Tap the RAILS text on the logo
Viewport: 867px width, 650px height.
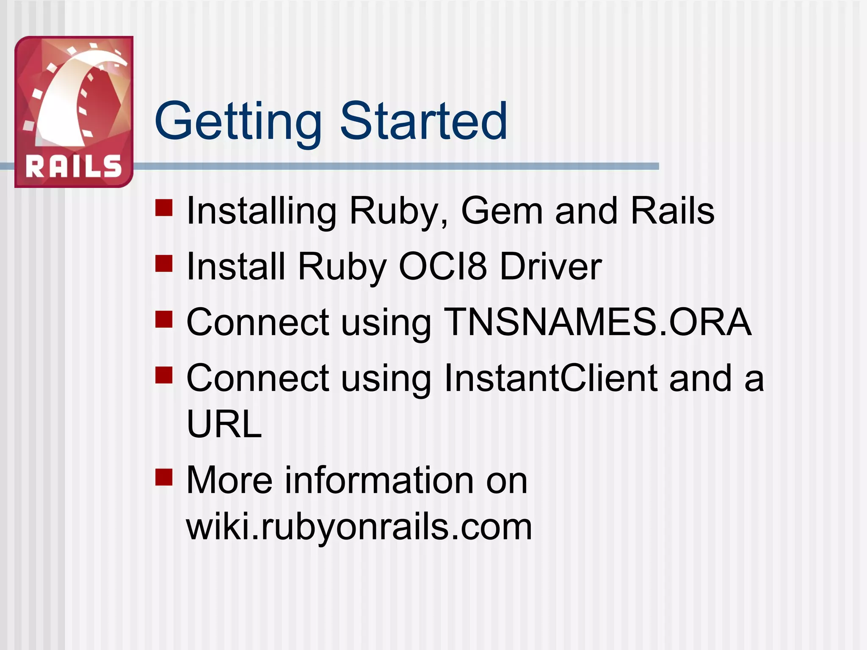(x=74, y=166)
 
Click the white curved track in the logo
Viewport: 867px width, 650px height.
(x=68, y=102)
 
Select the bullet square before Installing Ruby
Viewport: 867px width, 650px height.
(x=164, y=208)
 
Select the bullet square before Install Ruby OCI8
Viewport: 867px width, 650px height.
(x=164, y=263)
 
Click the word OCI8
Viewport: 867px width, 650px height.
(x=443, y=266)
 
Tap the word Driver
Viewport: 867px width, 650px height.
(x=551, y=266)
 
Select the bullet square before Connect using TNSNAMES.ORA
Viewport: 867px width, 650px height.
(x=164, y=319)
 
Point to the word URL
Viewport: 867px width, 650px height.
(x=224, y=424)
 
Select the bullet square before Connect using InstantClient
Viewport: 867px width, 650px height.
(x=164, y=375)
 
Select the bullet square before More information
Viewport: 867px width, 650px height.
(x=164, y=477)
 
